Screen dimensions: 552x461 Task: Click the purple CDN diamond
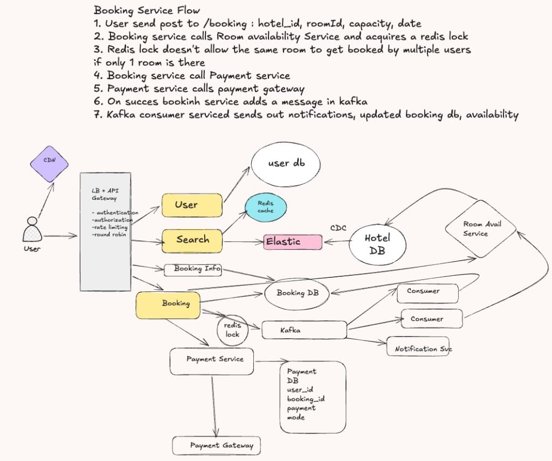coord(49,164)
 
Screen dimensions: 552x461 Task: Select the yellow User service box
coord(192,205)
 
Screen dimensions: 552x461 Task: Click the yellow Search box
coord(192,241)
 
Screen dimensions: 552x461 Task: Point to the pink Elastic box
coord(293,242)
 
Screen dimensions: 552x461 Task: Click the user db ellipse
coord(286,164)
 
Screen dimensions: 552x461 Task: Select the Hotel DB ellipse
coord(377,245)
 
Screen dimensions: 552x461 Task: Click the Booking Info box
coord(193,270)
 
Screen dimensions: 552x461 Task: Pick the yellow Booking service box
coord(168,305)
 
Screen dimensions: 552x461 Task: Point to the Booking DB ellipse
coord(297,294)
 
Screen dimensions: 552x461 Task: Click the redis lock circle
coord(232,330)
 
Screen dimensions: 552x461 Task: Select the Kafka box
coord(304,330)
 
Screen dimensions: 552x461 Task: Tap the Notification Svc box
coord(418,346)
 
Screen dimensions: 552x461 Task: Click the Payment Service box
coord(211,361)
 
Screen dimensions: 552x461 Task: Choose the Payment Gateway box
coord(217,446)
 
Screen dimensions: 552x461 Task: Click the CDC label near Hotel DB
coord(339,228)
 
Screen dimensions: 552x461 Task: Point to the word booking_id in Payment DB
coord(306,399)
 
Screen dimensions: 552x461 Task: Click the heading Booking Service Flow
coord(147,10)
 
